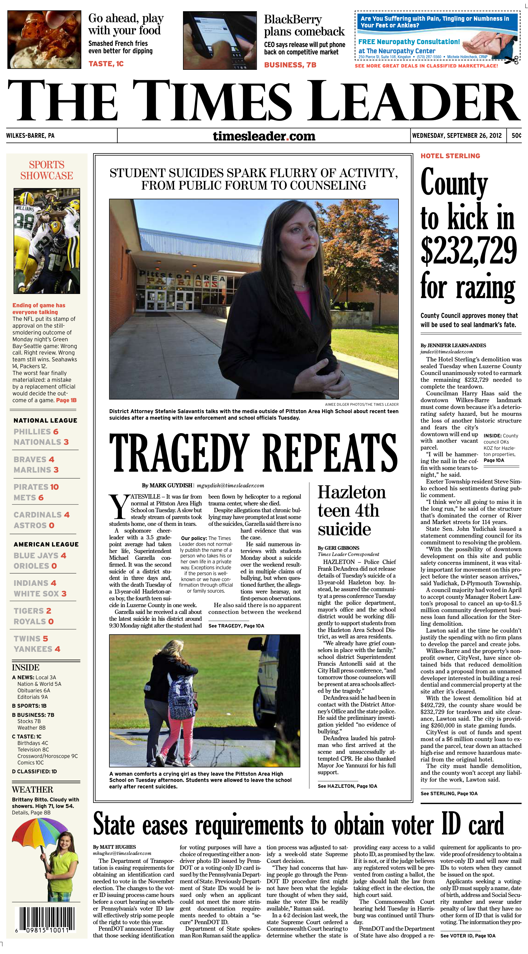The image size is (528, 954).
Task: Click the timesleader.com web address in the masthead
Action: coord(264,136)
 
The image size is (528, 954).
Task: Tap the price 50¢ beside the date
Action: coord(516,135)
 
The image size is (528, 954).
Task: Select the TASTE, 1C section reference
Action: coord(106,64)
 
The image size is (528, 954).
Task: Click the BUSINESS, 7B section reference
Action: coord(290,65)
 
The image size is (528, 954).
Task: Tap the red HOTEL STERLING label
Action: coord(450,156)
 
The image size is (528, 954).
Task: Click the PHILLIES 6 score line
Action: coord(36,431)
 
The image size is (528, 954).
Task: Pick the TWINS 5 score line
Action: coord(31,638)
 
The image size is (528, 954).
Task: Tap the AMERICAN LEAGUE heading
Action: coord(46,544)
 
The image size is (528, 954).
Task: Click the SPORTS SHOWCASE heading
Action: coord(47,170)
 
